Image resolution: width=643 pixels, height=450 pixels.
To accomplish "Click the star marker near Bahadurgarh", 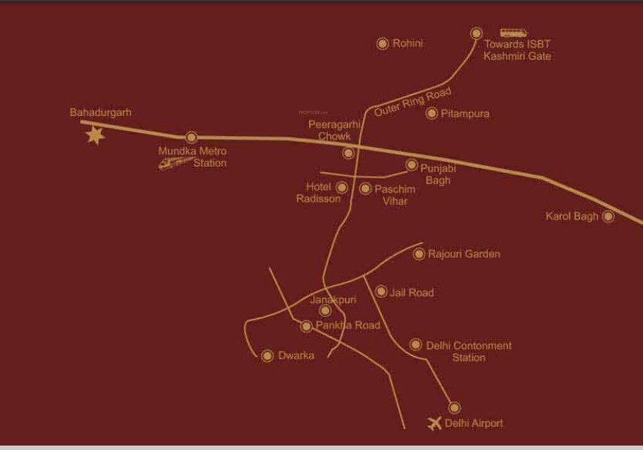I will pyautogui.click(x=95, y=135).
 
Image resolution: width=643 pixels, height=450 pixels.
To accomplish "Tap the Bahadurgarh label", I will pyautogui.click(x=101, y=113).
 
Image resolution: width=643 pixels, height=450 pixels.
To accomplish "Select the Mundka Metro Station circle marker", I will pyautogui.click(x=191, y=137).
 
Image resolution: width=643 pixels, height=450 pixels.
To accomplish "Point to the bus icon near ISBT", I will pyautogui.click(x=513, y=33).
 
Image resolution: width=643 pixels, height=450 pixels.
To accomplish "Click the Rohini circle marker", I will pyautogui.click(x=383, y=44).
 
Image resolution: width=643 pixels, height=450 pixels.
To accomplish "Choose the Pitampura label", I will pyautogui.click(x=465, y=114).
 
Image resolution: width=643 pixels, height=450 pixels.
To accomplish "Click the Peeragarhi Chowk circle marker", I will pyautogui.click(x=348, y=153).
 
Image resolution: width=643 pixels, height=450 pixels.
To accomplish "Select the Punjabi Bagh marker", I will pyautogui.click(x=411, y=165).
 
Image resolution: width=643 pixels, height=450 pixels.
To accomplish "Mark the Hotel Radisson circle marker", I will pyautogui.click(x=342, y=188).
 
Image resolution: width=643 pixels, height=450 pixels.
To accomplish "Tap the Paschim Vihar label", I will pyautogui.click(x=395, y=195).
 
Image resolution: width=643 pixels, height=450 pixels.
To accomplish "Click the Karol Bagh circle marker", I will pyautogui.click(x=608, y=217).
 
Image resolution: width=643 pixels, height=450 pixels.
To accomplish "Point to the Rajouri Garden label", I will pyautogui.click(x=466, y=254).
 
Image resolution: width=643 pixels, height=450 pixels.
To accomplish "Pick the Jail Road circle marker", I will pyautogui.click(x=381, y=292).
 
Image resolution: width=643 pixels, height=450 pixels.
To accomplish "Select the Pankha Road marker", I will pyautogui.click(x=307, y=326).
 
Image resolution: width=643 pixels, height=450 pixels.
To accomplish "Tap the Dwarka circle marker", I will pyautogui.click(x=268, y=355).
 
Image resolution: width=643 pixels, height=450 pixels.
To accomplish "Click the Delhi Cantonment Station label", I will pyautogui.click(x=469, y=352).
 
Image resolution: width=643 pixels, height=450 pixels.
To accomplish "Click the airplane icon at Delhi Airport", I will pyautogui.click(x=435, y=423).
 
